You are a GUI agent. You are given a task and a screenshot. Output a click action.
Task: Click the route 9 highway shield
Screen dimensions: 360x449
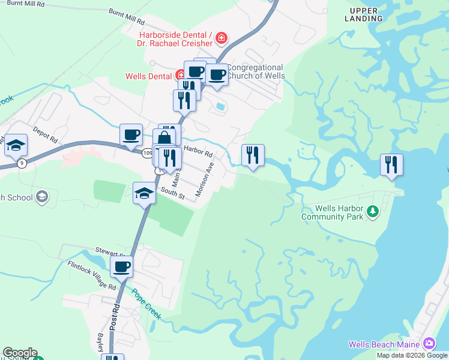point(22,163)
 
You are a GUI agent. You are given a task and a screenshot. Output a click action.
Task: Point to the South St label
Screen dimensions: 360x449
point(172,193)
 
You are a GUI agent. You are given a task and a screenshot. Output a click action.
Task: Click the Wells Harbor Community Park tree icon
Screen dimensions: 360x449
point(373,211)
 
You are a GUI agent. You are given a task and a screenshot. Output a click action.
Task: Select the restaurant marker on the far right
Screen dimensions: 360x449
point(391,165)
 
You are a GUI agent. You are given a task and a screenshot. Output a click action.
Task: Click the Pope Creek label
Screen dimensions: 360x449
point(146,304)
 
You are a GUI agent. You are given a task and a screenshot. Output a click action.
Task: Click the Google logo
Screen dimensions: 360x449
point(20,353)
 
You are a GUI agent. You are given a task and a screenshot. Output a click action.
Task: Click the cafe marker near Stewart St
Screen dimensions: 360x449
point(122,267)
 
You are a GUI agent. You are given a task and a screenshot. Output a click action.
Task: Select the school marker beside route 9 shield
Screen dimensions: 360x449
point(16,145)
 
